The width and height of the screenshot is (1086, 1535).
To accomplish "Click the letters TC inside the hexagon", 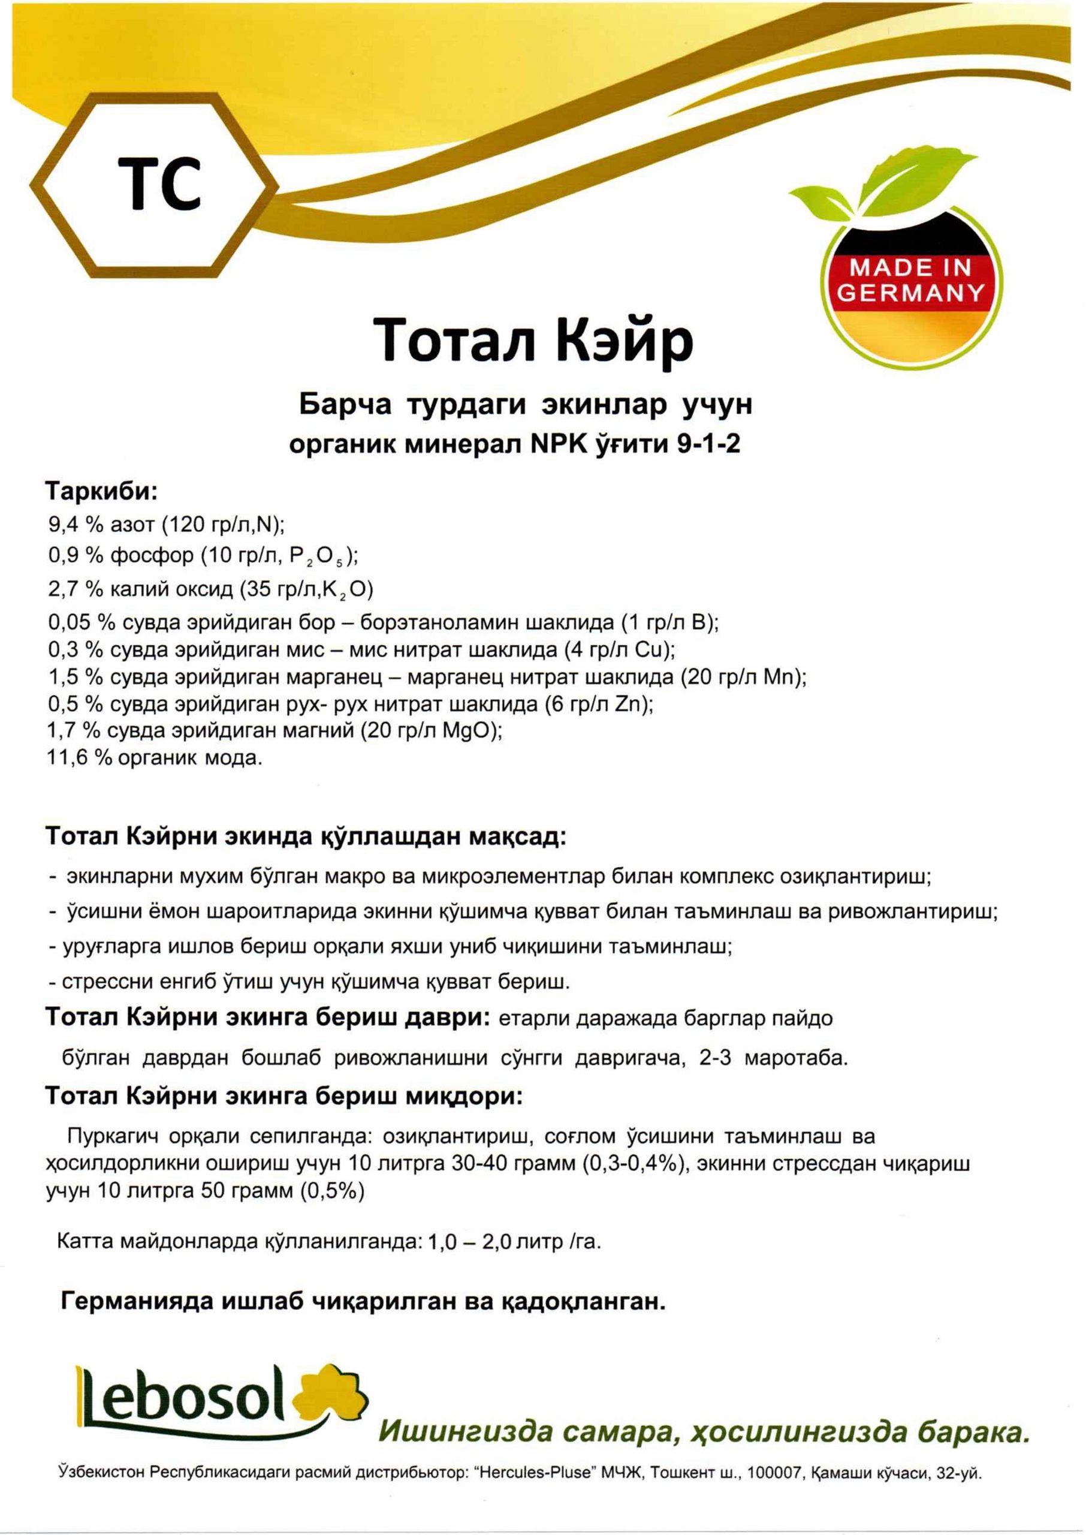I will click(160, 182).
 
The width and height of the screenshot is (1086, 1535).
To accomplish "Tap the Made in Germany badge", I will click(911, 281).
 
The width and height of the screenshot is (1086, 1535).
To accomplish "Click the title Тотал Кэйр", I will click(533, 341).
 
